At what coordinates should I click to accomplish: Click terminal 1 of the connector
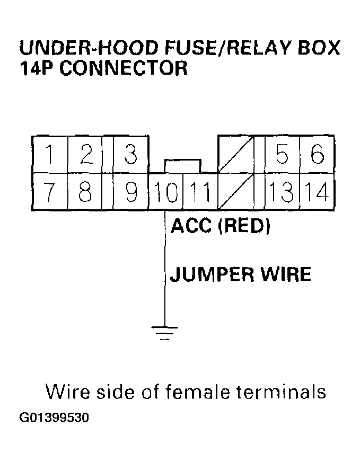(50, 155)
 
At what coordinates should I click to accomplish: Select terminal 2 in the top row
(85, 155)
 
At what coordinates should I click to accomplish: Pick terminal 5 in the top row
(282, 155)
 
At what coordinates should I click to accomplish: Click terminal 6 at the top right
(317, 155)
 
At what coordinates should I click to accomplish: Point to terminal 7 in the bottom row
(50, 191)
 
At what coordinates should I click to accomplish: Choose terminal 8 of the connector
(85, 191)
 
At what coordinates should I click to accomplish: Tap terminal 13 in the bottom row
(281, 191)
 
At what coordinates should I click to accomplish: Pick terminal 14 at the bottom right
(317, 191)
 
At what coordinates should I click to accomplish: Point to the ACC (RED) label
(221, 227)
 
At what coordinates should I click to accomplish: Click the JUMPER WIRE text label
(240, 275)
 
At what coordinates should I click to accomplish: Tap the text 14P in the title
(36, 69)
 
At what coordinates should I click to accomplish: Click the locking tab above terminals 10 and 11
(182, 165)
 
